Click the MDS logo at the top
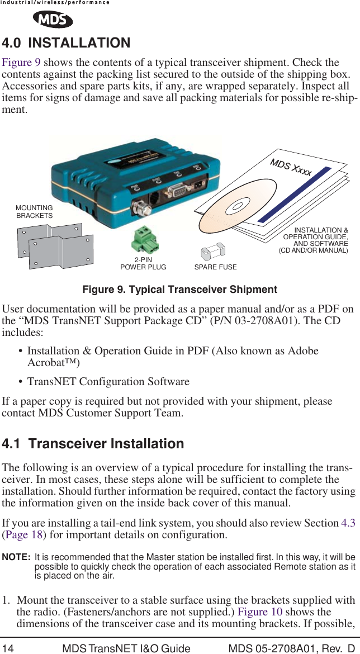(53, 20)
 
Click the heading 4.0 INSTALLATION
(66, 43)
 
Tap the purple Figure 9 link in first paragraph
(22, 63)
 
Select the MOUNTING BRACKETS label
(34, 212)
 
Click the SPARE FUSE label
(215, 267)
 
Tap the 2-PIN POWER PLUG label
(143, 264)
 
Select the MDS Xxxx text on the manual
(291, 167)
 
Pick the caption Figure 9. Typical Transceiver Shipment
(179, 290)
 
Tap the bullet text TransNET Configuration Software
(108, 382)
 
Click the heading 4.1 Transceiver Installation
(93, 444)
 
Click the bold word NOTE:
(16, 557)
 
